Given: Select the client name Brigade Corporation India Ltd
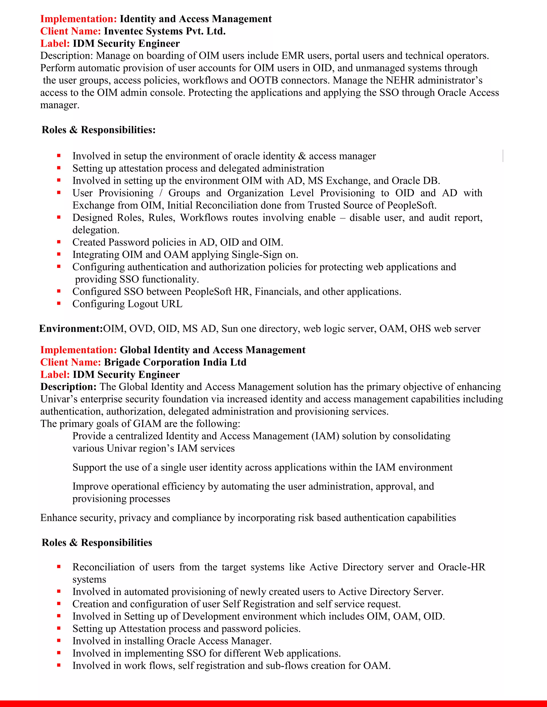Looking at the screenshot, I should pos(175,362).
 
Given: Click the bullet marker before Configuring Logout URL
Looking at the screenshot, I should pos(59,304).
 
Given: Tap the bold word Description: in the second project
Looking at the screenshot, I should pos(68,387).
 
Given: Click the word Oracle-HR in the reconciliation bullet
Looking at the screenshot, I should pos(462,567).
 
